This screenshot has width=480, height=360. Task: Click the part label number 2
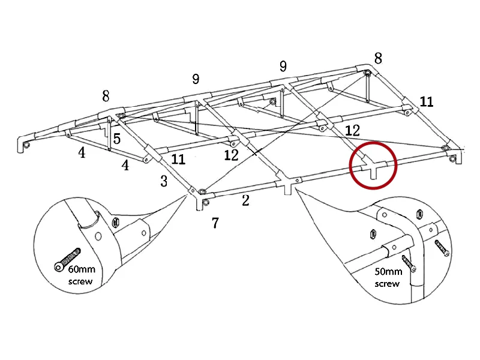(245, 200)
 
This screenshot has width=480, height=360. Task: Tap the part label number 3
(164, 181)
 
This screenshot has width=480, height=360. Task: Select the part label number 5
(117, 139)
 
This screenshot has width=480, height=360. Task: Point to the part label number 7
(215, 223)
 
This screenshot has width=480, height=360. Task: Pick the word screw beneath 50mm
(387, 283)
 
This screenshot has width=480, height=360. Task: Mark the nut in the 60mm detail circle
(117, 223)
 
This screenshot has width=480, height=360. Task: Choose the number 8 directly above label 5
(106, 96)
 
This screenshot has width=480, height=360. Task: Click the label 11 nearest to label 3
(178, 160)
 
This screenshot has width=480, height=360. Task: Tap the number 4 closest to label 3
(125, 165)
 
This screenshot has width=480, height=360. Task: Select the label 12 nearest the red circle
(352, 130)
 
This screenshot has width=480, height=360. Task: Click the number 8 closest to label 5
(106, 96)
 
